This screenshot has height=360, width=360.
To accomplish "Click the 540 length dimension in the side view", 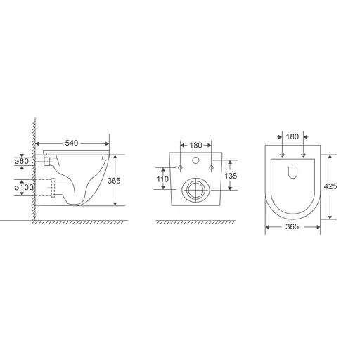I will (72, 144).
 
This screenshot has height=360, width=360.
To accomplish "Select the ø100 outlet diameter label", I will (22, 188).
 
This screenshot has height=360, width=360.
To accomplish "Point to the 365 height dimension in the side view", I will (114, 180).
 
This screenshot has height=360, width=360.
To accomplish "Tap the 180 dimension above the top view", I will (293, 136).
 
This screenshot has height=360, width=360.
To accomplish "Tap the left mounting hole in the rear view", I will (181, 167).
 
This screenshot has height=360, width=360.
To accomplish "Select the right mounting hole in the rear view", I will (210, 167).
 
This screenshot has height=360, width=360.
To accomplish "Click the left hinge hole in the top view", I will (282, 153).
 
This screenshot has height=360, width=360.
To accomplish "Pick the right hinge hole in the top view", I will (304, 153).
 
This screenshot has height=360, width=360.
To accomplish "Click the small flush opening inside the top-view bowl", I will (292, 171).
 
